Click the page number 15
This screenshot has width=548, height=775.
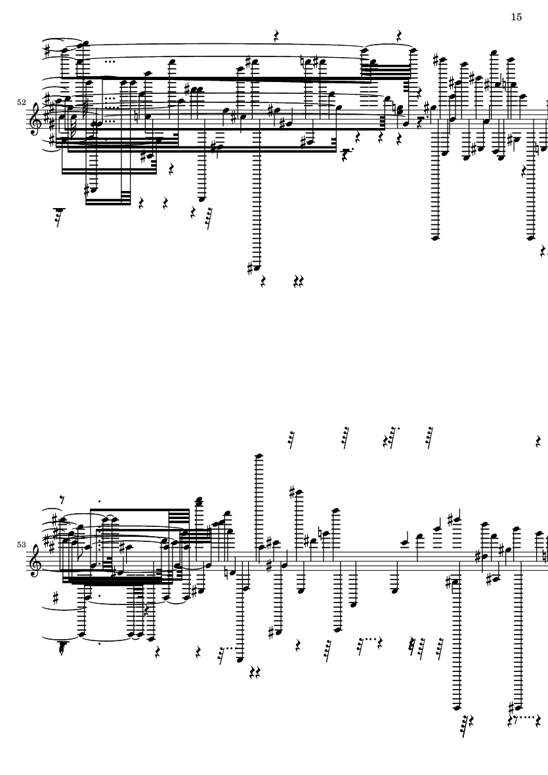[x=516, y=17]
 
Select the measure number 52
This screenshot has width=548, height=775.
[x=21, y=102]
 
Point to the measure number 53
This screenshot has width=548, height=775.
[x=21, y=544]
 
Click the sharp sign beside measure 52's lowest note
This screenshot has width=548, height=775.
[x=250, y=268]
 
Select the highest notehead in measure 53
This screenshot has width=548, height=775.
[x=258, y=456]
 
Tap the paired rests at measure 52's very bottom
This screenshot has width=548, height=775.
[x=298, y=282]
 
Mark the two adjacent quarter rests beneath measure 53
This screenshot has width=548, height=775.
[x=255, y=672]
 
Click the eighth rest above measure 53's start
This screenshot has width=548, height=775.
[x=61, y=499]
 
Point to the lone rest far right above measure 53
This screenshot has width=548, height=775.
[x=538, y=442]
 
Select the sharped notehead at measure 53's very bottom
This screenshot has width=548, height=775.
[x=517, y=707]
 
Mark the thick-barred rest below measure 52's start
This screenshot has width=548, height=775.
[x=60, y=215]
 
